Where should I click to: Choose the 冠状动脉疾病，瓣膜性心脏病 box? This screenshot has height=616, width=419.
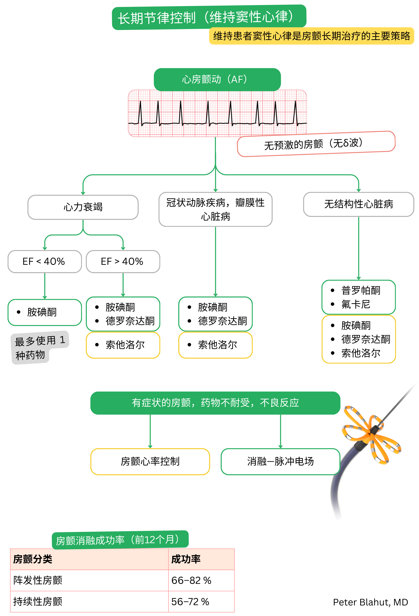click(215, 209)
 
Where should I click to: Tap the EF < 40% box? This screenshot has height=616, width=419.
click(44, 261)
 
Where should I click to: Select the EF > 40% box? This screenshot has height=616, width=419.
click(123, 261)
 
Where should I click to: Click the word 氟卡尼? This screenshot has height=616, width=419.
click(356, 304)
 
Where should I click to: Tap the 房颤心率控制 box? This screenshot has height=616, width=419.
click(150, 461)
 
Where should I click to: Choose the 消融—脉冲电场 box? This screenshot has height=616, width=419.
click(280, 461)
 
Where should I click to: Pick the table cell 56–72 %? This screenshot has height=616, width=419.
click(190, 602)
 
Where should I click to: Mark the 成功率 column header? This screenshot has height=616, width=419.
click(186, 559)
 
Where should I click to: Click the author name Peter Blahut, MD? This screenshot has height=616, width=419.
click(370, 602)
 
